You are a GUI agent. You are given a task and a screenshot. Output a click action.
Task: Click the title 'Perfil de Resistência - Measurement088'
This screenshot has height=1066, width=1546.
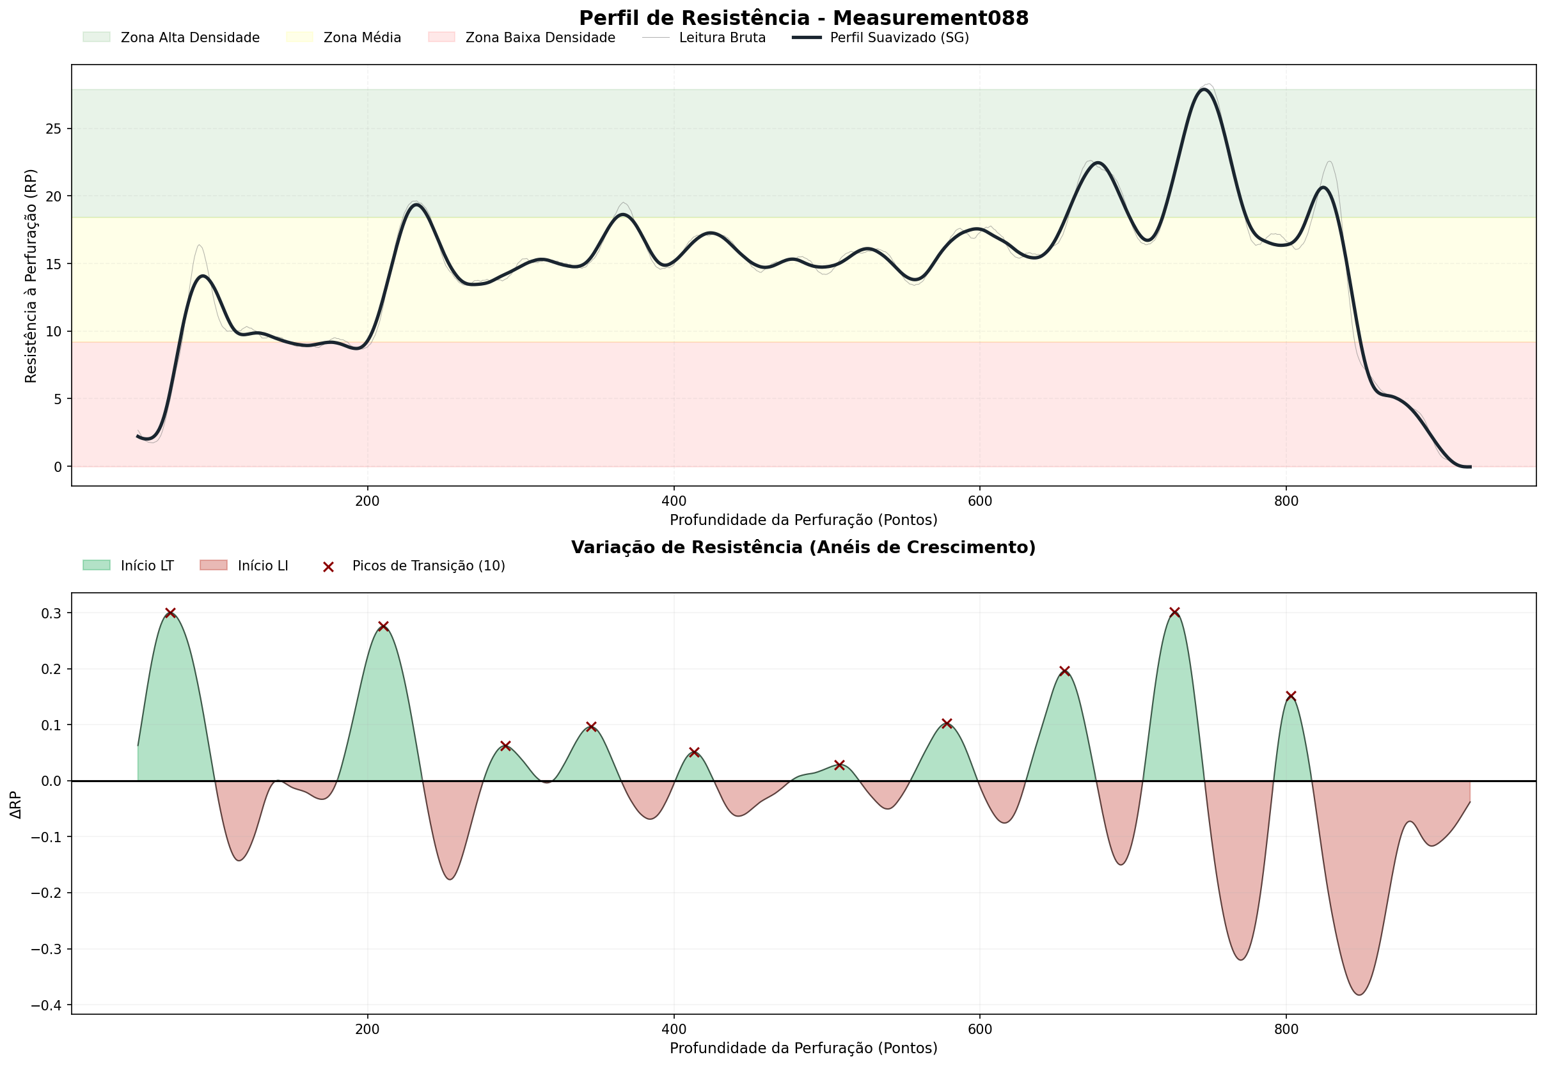(803, 18)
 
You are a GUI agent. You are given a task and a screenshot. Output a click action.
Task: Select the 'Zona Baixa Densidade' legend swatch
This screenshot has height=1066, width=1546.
(441, 37)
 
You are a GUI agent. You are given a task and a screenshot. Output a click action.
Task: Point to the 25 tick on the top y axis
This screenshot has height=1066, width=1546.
(54, 129)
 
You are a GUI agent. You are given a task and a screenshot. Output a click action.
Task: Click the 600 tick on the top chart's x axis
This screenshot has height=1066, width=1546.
(979, 500)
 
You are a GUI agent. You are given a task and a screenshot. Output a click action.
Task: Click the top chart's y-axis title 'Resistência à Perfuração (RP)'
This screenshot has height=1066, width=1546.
(31, 276)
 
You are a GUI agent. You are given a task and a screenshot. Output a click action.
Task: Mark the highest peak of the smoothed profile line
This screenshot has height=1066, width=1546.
(1204, 90)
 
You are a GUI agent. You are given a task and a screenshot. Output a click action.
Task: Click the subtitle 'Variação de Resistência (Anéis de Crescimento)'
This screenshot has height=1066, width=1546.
(803, 547)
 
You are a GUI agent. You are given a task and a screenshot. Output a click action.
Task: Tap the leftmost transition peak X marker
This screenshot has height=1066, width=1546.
(170, 613)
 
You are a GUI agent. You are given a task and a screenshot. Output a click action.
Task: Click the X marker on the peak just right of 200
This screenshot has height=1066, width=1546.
(384, 627)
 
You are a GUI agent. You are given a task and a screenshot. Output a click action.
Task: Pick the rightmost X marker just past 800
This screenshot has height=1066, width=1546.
(1291, 696)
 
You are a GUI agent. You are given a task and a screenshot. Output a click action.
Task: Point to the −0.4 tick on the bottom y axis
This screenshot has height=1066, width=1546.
(47, 1005)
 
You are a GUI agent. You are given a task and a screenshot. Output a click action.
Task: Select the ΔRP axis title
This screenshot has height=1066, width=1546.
(16, 805)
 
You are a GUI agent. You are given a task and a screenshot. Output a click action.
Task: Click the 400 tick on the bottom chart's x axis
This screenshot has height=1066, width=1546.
(674, 1030)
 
